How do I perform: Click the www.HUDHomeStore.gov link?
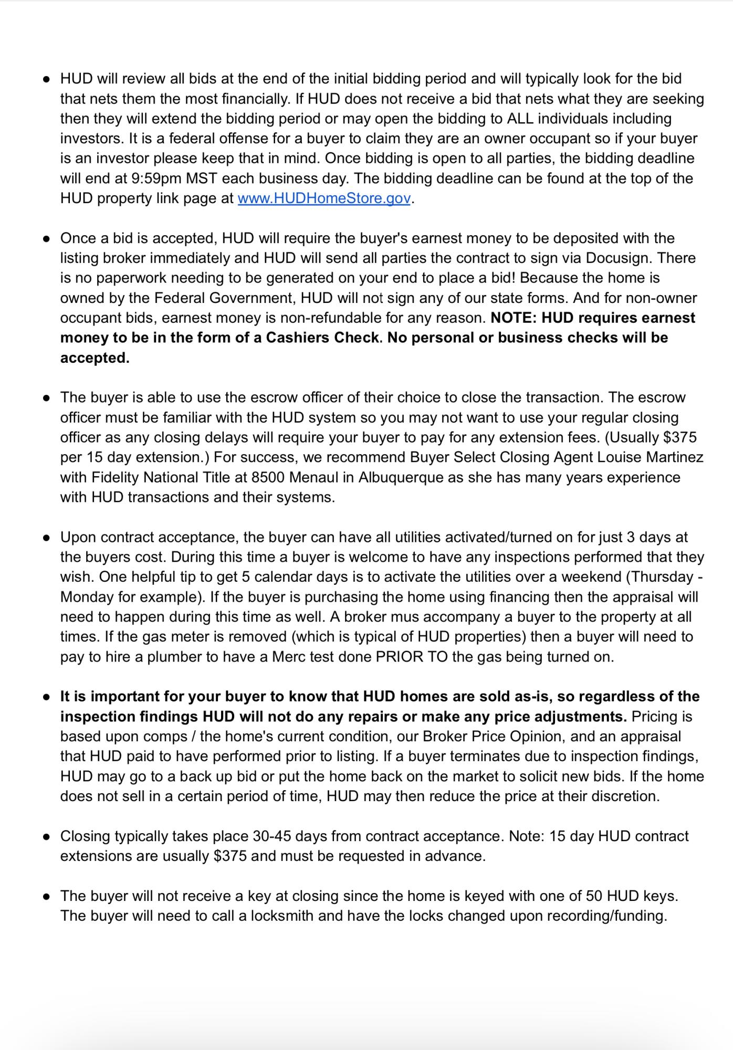(x=323, y=198)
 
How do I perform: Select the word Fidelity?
(x=116, y=478)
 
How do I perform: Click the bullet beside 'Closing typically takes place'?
(x=47, y=837)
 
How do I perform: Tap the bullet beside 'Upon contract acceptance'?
(x=47, y=538)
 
